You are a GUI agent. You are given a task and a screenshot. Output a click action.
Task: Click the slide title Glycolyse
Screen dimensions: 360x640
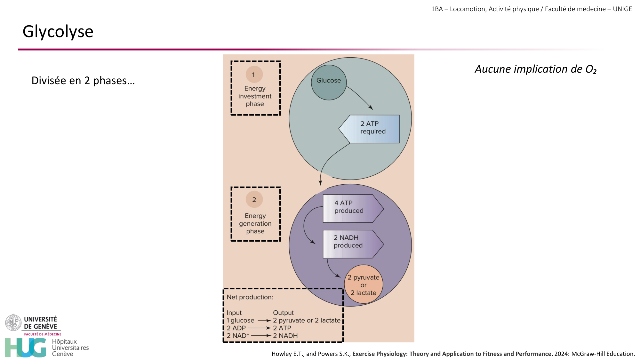pos(58,32)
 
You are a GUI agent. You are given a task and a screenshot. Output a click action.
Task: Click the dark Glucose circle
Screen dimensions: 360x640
pos(329,82)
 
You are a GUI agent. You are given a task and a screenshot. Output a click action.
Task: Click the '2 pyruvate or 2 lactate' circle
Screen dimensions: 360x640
pos(364,284)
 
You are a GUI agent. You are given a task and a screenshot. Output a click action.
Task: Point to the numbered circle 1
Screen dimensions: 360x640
pos(254,75)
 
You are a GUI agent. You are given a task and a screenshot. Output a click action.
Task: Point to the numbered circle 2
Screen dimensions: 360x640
pos(254,199)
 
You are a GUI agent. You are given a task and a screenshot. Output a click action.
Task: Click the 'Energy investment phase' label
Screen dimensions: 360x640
pos(255,96)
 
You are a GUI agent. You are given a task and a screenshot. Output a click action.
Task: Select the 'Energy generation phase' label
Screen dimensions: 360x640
pos(255,223)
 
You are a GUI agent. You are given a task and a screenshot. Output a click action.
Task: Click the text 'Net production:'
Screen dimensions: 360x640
pos(250,297)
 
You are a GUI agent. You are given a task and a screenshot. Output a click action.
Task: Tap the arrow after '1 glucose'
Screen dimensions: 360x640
pos(264,320)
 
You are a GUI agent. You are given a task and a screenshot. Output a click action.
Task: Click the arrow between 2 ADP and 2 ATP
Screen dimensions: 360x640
pos(259,328)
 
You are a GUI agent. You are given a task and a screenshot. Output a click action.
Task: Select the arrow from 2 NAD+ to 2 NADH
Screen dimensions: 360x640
pos(261,336)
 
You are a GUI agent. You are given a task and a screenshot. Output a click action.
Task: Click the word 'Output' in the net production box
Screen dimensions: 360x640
pos(283,313)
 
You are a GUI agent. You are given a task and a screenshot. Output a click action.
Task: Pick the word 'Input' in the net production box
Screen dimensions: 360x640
pos(234,313)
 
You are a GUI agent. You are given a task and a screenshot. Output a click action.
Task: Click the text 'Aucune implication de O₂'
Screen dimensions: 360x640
pos(535,69)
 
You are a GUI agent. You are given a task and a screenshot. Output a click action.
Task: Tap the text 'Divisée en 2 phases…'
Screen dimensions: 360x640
pos(83,80)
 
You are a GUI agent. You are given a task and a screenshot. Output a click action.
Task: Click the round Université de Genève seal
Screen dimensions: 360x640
pos(13,322)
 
